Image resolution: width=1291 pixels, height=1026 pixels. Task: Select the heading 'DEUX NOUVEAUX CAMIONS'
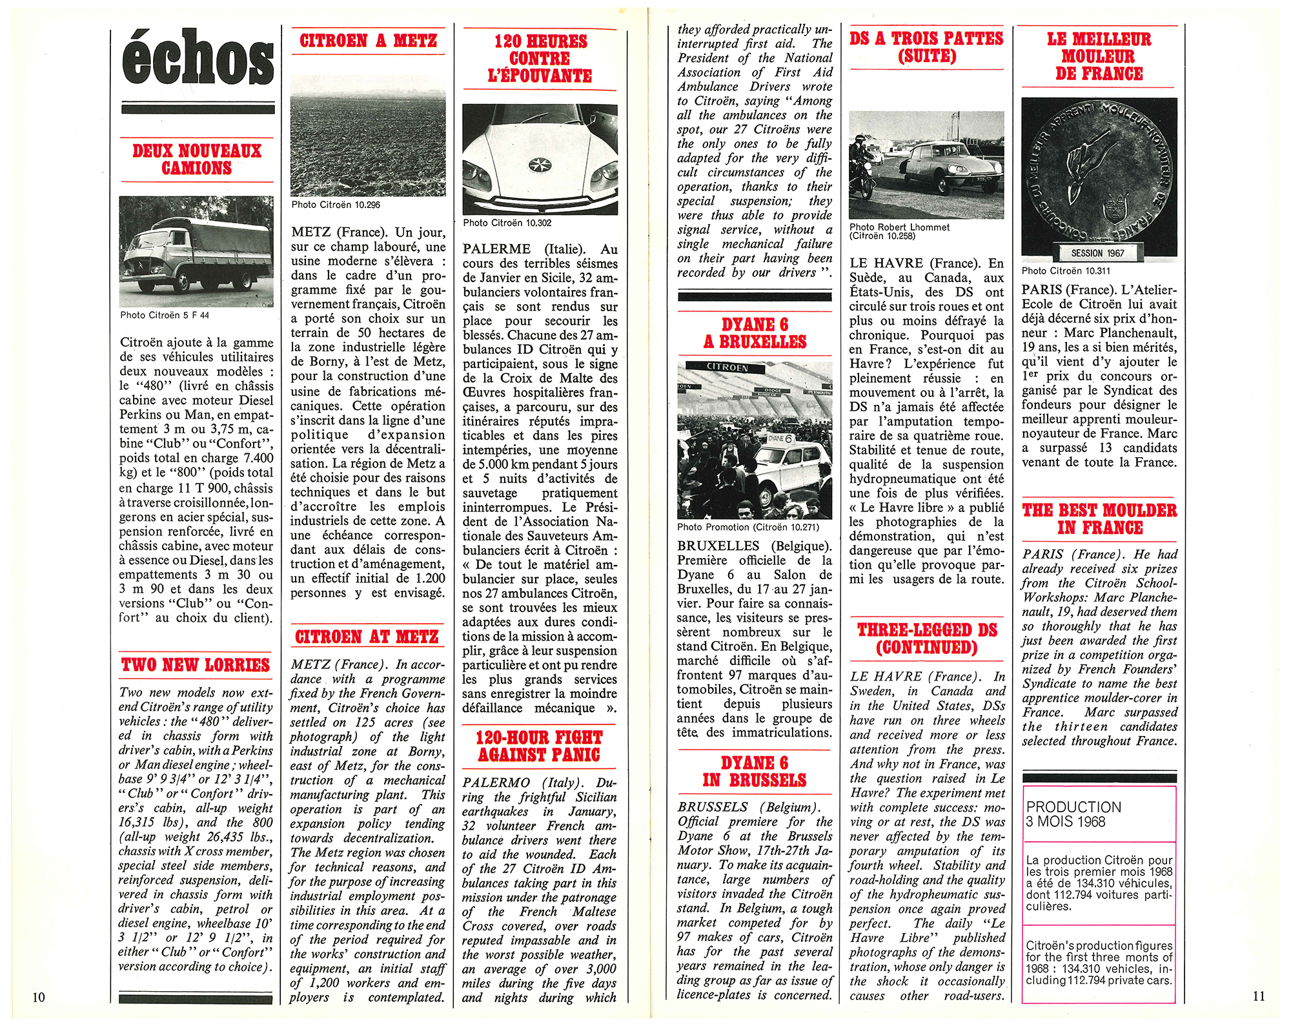pyautogui.click(x=197, y=159)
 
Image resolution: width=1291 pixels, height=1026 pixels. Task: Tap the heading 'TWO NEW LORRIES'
pyautogui.click(x=196, y=665)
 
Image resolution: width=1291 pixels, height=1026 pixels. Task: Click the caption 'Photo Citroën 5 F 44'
pyautogui.click(x=164, y=315)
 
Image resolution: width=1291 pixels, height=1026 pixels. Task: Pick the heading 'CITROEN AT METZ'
pyautogui.click(x=367, y=637)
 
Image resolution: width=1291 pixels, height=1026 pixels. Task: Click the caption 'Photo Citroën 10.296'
pyautogui.click(x=336, y=205)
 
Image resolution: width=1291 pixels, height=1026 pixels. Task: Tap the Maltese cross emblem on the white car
pyautogui.click(x=540, y=165)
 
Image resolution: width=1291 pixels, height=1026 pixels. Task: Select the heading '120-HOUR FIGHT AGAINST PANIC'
pyautogui.click(x=539, y=746)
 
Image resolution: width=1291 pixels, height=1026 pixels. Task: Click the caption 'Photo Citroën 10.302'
pyautogui.click(x=507, y=223)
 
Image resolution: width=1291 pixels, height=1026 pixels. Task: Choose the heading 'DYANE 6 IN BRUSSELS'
pyautogui.click(x=754, y=772)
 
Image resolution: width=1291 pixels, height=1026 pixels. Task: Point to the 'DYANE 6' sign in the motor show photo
pyautogui.click(x=780, y=438)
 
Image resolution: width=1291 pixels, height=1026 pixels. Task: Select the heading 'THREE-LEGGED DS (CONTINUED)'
pyautogui.click(x=927, y=639)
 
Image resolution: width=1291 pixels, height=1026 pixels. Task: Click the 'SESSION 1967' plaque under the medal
pyautogui.click(x=1097, y=253)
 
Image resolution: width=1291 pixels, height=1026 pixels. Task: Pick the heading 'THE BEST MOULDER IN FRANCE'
pyautogui.click(x=1099, y=519)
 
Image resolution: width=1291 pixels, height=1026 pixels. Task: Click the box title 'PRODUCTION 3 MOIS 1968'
pyautogui.click(x=1074, y=814)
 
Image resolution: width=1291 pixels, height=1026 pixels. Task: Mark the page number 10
pyautogui.click(x=39, y=997)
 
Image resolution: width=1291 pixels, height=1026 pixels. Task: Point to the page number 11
pyautogui.click(x=1259, y=996)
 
